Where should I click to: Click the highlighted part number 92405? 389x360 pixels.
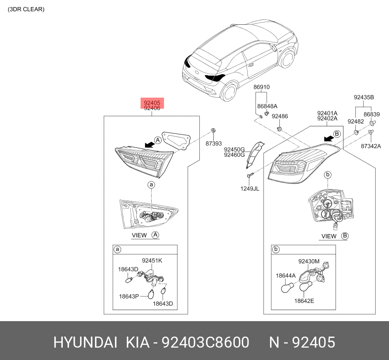(152, 102)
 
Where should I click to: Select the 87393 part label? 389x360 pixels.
(214, 144)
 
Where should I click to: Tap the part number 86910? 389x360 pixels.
(262, 87)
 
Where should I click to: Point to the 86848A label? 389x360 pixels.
(267, 106)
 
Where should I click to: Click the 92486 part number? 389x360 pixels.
(280, 116)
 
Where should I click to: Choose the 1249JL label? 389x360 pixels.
(250, 189)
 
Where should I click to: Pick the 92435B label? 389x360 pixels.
(364, 98)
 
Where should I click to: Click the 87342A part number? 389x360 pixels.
(371, 146)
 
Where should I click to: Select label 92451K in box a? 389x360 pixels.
(152, 261)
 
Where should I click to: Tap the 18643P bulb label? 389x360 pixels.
(129, 296)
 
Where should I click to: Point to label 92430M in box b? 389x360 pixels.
(309, 261)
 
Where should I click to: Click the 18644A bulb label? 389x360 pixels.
(286, 276)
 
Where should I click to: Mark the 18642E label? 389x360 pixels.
(304, 301)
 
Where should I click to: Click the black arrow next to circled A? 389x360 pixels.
(149, 144)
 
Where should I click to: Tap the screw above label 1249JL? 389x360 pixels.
(250, 175)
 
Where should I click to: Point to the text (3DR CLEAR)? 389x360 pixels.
(26, 9)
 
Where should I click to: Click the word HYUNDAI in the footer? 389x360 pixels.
(85, 342)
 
